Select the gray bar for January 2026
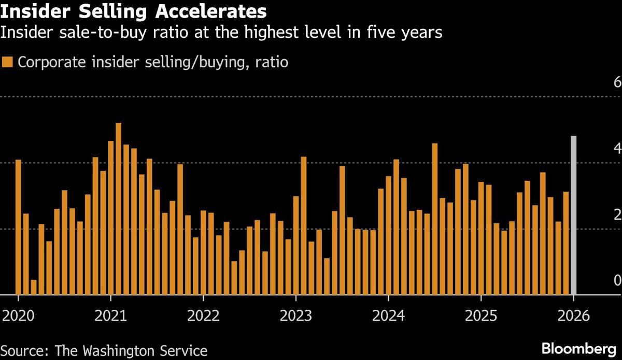(573, 215)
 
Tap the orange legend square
(7, 62)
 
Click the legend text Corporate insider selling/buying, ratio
(153, 62)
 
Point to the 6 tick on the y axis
(617, 83)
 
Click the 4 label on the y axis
(617, 149)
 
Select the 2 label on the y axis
(617, 215)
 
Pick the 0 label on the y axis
(617, 281)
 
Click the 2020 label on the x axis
(19, 316)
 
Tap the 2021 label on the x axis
(111, 316)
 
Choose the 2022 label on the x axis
(203, 316)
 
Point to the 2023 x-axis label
(295, 316)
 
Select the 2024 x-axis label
(388, 316)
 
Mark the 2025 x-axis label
(480, 316)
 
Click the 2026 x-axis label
(573, 316)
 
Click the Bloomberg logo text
(579, 348)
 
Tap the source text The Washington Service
(132, 350)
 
